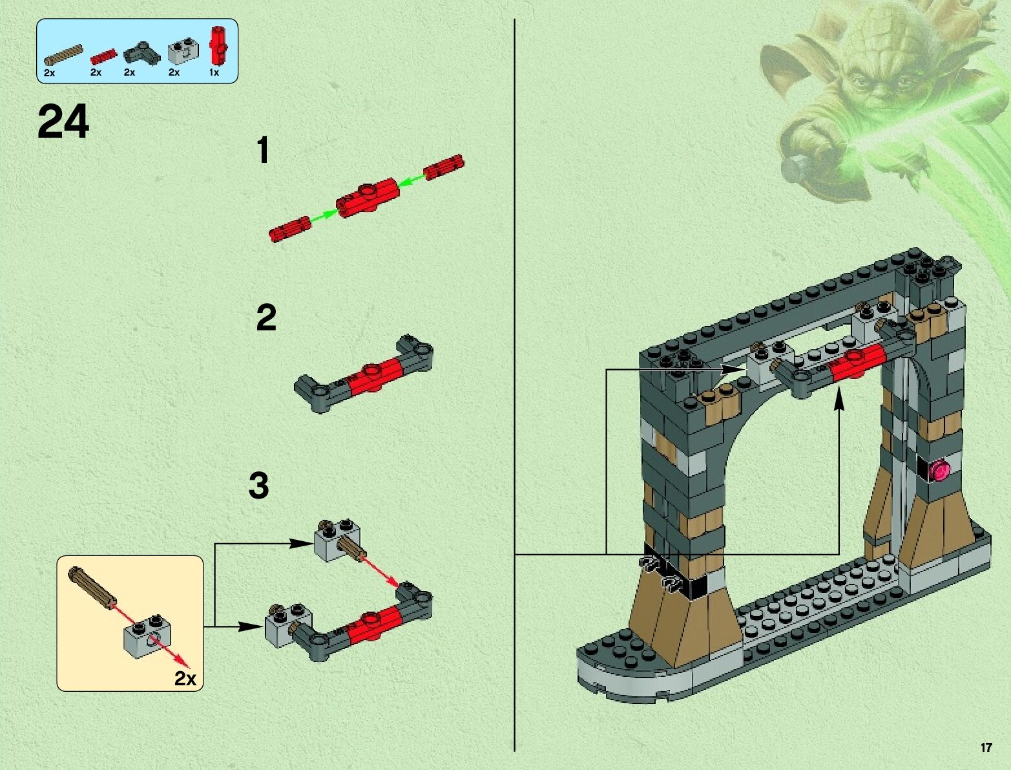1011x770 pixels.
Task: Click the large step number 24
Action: point(63,121)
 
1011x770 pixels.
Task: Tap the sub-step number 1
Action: point(263,150)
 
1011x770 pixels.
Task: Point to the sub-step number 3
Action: point(258,486)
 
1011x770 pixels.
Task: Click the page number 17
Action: point(986,747)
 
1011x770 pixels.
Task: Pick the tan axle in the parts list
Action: point(63,54)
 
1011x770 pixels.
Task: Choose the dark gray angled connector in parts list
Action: point(141,53)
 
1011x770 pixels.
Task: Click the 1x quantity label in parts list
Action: point(214,72)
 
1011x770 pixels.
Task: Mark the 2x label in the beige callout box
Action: point(185,679)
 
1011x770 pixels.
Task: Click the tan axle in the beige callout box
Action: point(91,589)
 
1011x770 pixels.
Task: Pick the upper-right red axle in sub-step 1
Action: point(444,167)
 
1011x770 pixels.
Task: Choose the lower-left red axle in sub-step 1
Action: point(289,229)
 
